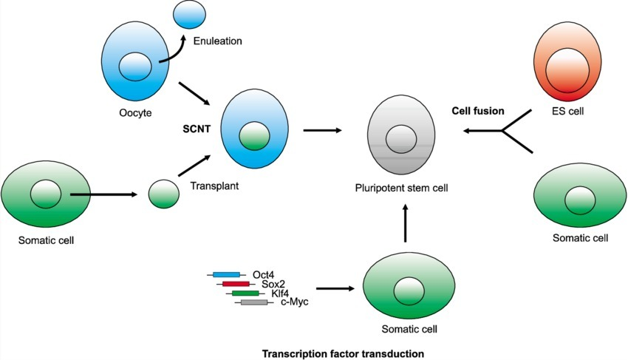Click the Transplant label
coord(213,187)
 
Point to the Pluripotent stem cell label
coord(401,189)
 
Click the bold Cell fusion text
coord(478,111)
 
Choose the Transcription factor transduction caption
coord(344,353)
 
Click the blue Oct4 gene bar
coord(226,275)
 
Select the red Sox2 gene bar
coord(235,284)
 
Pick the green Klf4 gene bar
coord(245,293)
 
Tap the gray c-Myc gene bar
coord(254,302)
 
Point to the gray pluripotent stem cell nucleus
coord(402,138)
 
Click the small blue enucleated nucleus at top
coord(188,14)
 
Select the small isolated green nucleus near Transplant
coord(163,194)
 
